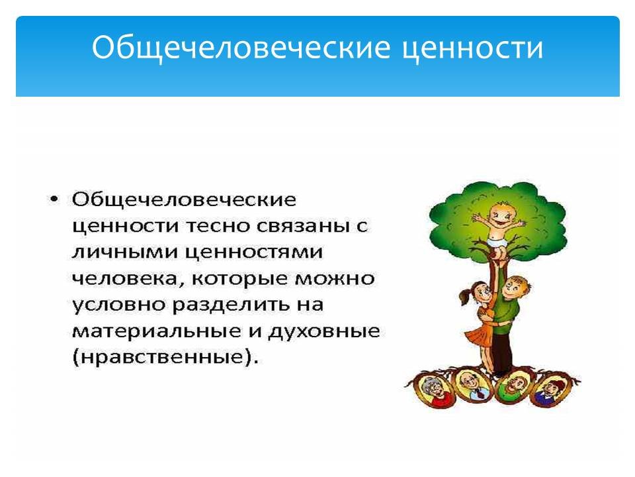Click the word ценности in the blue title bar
[x=472, y=48]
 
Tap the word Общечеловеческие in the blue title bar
[x=241, y=48]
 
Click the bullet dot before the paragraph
[x=54, y=199]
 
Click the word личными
[x=125, y=252]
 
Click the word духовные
[x=323, y=332]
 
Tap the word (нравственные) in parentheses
[x=165, y=358]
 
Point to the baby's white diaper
[x=497, y=242]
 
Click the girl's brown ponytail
[x=464, y=294]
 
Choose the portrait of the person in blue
[x=552, y=390]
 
